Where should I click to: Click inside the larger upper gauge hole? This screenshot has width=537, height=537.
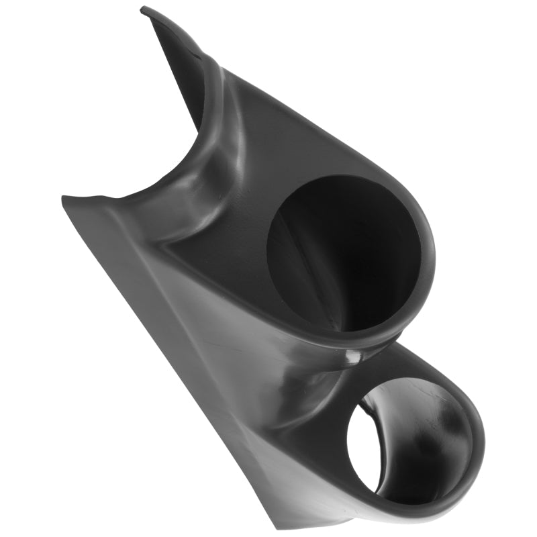click(349, 262)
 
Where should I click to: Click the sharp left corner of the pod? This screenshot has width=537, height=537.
click(62, 198)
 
